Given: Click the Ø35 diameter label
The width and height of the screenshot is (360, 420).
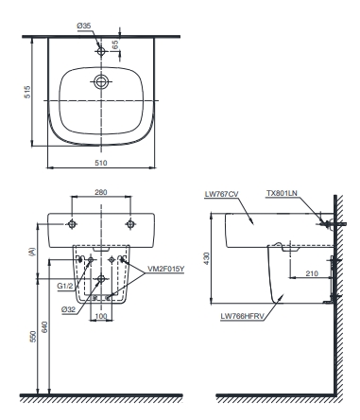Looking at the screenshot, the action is point(84,26).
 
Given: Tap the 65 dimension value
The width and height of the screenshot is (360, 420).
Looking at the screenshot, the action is point(115,44).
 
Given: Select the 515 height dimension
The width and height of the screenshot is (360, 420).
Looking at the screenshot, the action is point(27,92).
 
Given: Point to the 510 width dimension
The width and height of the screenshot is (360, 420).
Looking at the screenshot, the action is point(101,163).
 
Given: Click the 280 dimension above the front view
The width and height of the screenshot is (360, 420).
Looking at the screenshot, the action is point(101,192).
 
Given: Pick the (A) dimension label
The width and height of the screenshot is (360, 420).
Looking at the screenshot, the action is point(32,252).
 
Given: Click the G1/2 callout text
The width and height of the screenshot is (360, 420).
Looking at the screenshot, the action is point(65,287).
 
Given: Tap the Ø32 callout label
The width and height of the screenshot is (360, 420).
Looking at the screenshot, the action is point(68,309).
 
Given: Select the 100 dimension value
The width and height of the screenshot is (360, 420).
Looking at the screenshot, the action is point(101,316).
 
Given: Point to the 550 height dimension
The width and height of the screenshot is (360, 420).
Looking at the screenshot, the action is point(33,337).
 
